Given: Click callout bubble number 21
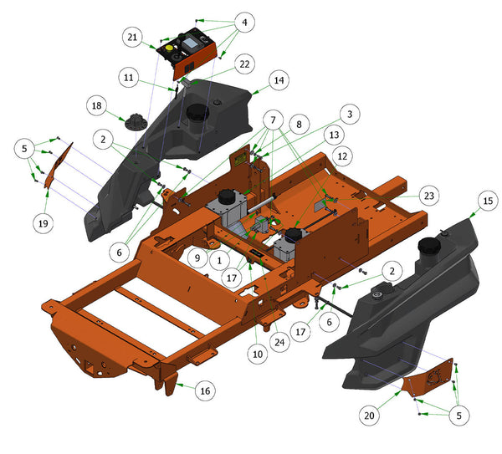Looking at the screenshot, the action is click(132, 38).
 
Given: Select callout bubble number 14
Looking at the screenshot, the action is click(279, 80).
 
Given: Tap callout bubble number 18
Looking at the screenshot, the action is click(97, 106).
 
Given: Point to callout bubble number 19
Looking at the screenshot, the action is click(44, 223).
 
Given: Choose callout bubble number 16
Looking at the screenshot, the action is click(205, 390).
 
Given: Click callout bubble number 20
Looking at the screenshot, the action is click(369, 416).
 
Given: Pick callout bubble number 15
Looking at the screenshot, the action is click(488, 201).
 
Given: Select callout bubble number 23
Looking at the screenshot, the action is click(429, 196).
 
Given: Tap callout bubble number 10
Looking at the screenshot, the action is click(258, 355).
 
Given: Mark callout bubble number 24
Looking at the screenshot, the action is click(279, 342).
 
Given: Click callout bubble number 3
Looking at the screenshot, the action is click(350, 115).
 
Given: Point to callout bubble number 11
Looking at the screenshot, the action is click(128, 78).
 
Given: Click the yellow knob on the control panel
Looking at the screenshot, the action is click(169, 48).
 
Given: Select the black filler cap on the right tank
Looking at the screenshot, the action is click(429, 247).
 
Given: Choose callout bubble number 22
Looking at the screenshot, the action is click(244, 64).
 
